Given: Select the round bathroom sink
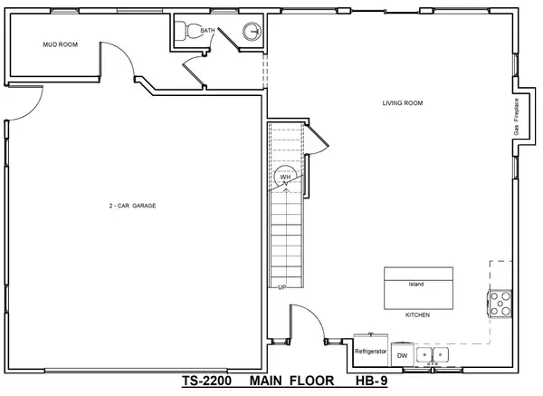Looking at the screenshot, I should pos(252,34).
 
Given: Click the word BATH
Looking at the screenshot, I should pos(208,29).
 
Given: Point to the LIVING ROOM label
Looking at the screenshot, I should pos(403,102).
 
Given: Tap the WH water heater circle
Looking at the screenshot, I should pos(284,176).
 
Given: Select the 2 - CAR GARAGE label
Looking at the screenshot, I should pos(133,206).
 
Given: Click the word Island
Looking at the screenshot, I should pos(416,284).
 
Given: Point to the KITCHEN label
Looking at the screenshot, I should pos(417,314).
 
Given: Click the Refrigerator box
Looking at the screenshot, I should pos(371,350).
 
